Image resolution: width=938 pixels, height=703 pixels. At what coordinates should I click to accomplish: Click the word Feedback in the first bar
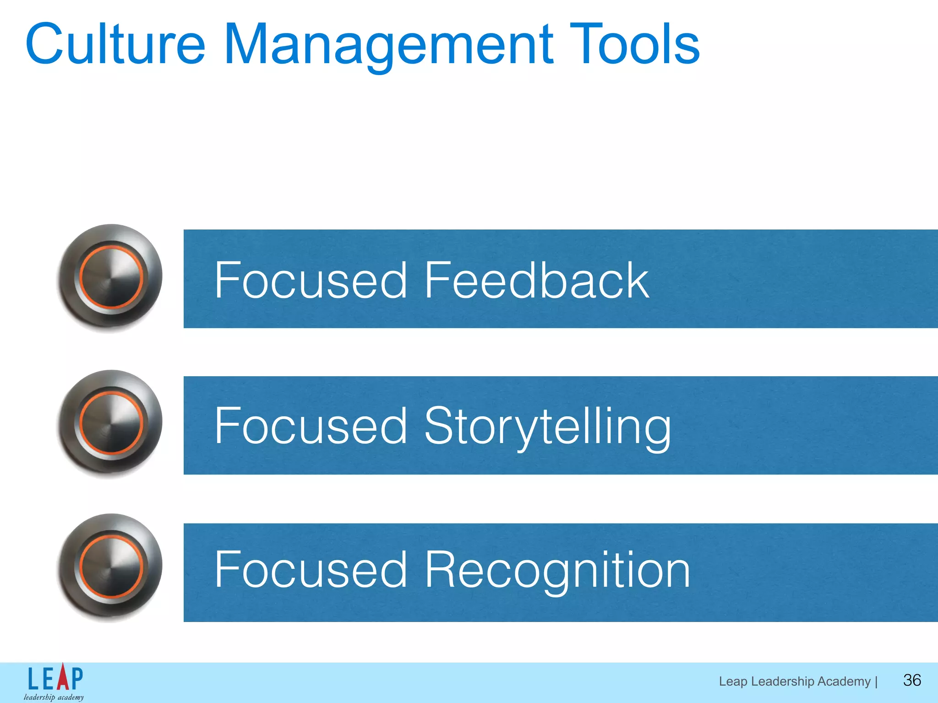click(536, 280)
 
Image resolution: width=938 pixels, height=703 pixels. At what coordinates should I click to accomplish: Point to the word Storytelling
click(547, 427)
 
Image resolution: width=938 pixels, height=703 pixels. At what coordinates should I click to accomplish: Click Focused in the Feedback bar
click(311, 280)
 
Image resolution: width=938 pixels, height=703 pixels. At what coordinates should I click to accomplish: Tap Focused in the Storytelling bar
click(311, 427)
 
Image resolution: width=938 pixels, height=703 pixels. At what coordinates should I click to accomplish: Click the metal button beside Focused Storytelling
click(110, 423)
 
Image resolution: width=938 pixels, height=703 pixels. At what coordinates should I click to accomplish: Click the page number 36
click(911, 680)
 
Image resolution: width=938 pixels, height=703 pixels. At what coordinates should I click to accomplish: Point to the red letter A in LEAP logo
click(62, 677)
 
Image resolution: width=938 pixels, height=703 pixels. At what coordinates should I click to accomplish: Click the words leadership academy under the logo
click(54, 697)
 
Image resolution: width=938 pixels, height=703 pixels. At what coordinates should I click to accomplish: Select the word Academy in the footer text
click(844, 681)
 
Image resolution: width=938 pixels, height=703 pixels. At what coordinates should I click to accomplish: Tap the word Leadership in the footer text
click(783, 681)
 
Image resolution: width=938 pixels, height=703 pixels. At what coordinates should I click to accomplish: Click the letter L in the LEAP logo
click(33, 679)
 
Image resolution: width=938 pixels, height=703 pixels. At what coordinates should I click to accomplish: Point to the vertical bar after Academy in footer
click(876, 681)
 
